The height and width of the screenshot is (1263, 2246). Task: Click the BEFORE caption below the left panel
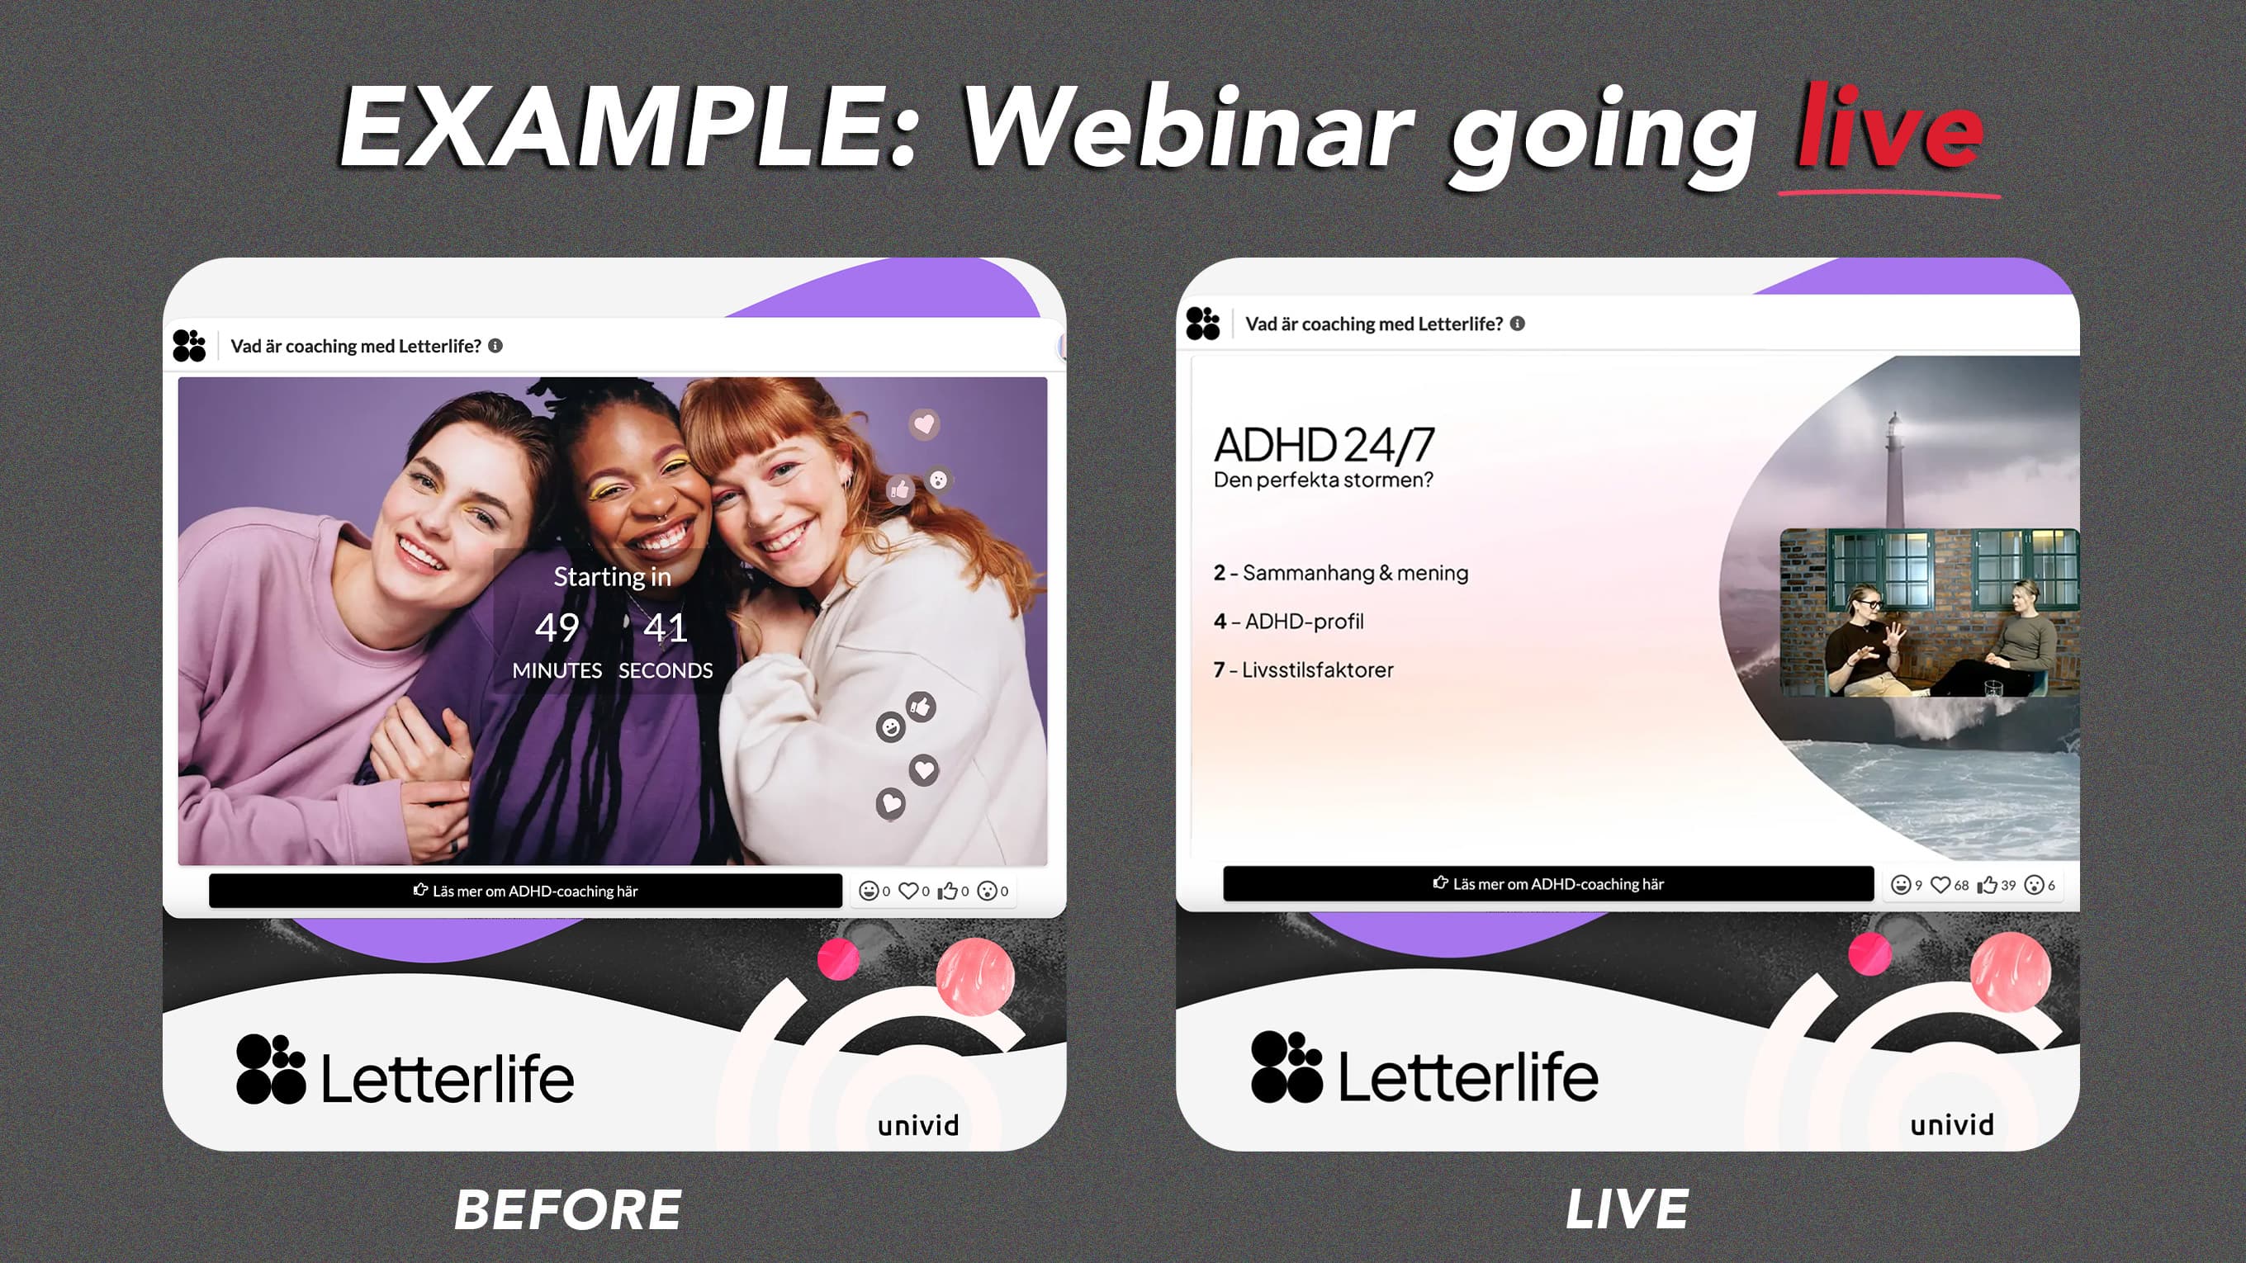(567, 1210)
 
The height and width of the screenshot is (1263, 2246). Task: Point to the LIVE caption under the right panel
(1627, 1210)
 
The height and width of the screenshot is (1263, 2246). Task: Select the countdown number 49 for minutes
(557, 627)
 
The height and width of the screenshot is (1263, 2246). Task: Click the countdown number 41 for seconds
(666, 627)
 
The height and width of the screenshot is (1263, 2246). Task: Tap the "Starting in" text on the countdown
(612, 577)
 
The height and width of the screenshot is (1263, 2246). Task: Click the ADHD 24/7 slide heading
(1324, 446)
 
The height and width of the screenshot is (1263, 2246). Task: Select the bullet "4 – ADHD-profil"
(1289, 622)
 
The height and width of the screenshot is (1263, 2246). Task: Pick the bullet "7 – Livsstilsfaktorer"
(1304, 670)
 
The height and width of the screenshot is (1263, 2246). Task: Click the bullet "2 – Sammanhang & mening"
(1341, 573)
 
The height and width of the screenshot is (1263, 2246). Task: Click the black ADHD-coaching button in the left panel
(525, 891)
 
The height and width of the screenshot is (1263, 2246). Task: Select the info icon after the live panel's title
(1518, 324)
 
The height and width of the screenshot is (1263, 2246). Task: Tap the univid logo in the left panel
(918, 1125)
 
